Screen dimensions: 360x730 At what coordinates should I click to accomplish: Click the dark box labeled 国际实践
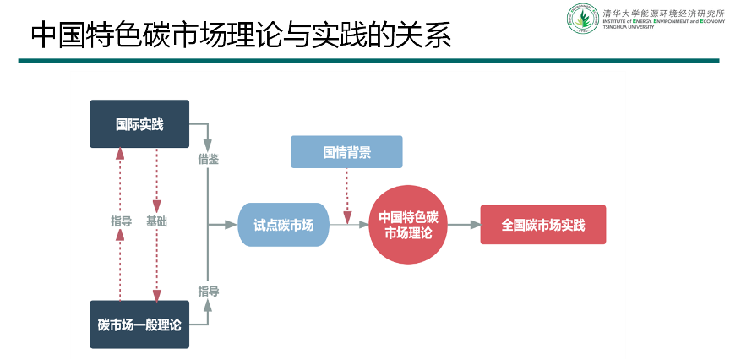pos(139,124)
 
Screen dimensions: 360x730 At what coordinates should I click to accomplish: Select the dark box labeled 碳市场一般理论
pos(139,325)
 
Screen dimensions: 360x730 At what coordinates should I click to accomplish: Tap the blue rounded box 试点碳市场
pos(283,225)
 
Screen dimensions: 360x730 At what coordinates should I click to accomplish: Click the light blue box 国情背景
pos(346,152)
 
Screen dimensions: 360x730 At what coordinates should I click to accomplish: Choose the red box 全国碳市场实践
pos(542,225)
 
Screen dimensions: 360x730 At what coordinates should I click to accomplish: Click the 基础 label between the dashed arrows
pos(156,221)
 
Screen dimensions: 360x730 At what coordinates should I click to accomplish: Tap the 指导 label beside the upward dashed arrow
pos(121,221)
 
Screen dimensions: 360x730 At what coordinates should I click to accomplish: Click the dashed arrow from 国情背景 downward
pos(346,194)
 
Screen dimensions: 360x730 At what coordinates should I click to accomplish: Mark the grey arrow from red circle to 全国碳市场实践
pos(463,225)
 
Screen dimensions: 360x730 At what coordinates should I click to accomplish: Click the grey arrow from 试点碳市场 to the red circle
pos(348,225)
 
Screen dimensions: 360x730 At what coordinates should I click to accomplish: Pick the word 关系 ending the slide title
pos(424,36)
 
